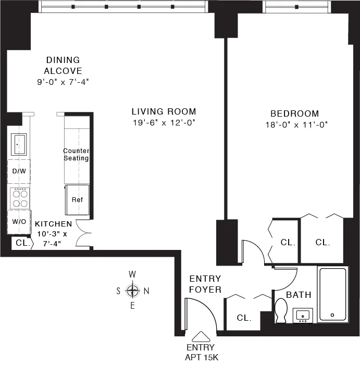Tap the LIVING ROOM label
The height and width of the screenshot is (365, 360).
pyautogui.click(x=164, y=111)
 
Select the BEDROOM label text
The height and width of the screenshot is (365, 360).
pyautogui.click(x=294, y=114)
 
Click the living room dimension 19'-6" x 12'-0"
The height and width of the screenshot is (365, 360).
pyautogui.click(x=164, y=123)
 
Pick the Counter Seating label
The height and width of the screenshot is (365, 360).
pyautogui.click(x=76, y=155)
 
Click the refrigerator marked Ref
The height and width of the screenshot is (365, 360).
pyautogui.click(x=77, y=200)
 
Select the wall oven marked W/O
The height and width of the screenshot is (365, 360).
pyautogui.click(x=19, y=221)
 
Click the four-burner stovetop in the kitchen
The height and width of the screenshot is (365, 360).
pyautogui.click(x=19, y=197)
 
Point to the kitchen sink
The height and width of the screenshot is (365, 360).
pyautogui.click(x=19, y=144)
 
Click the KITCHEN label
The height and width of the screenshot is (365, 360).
pyautogui.click(x=54, y=224)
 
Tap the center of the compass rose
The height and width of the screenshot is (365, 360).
pyautogui.click(x=133, y=291)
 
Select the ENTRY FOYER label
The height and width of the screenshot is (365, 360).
pyautogui.click(x=205, y=284)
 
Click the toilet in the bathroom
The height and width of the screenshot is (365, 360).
pyautogui.click(x=282, y=311)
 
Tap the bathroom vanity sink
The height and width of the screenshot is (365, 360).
pyautogui.click(x=302, y=315)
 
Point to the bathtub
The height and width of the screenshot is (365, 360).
pyautogui.click(x=332, y=295)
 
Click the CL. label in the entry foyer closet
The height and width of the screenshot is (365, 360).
pyautogui.click(x=244, y=318)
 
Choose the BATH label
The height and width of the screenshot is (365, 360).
pyautogui.click(x=299, y=295)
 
